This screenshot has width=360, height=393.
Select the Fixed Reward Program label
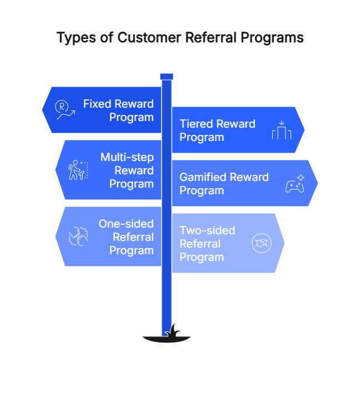click(x=118, y=110)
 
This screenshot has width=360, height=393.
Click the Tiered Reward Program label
click(x=217, y=130)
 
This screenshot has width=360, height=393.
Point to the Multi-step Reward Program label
click(x=127, y=170)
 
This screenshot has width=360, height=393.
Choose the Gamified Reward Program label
click(x=224, y=184)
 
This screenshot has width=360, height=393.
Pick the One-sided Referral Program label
click(x=126, y=237)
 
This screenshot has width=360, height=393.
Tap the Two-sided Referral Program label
click(x=207, y=244)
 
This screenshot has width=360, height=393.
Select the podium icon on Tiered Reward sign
click(x=282, y=130)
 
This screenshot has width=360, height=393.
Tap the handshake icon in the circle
click(x=262, y=243)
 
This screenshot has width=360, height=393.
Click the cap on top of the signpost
click(x=167, y=77)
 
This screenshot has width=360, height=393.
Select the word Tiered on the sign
click(x=196, y=124)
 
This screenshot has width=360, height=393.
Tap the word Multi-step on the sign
click(x=127, y=157)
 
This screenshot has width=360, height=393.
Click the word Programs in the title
click(x=276, y=38)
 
